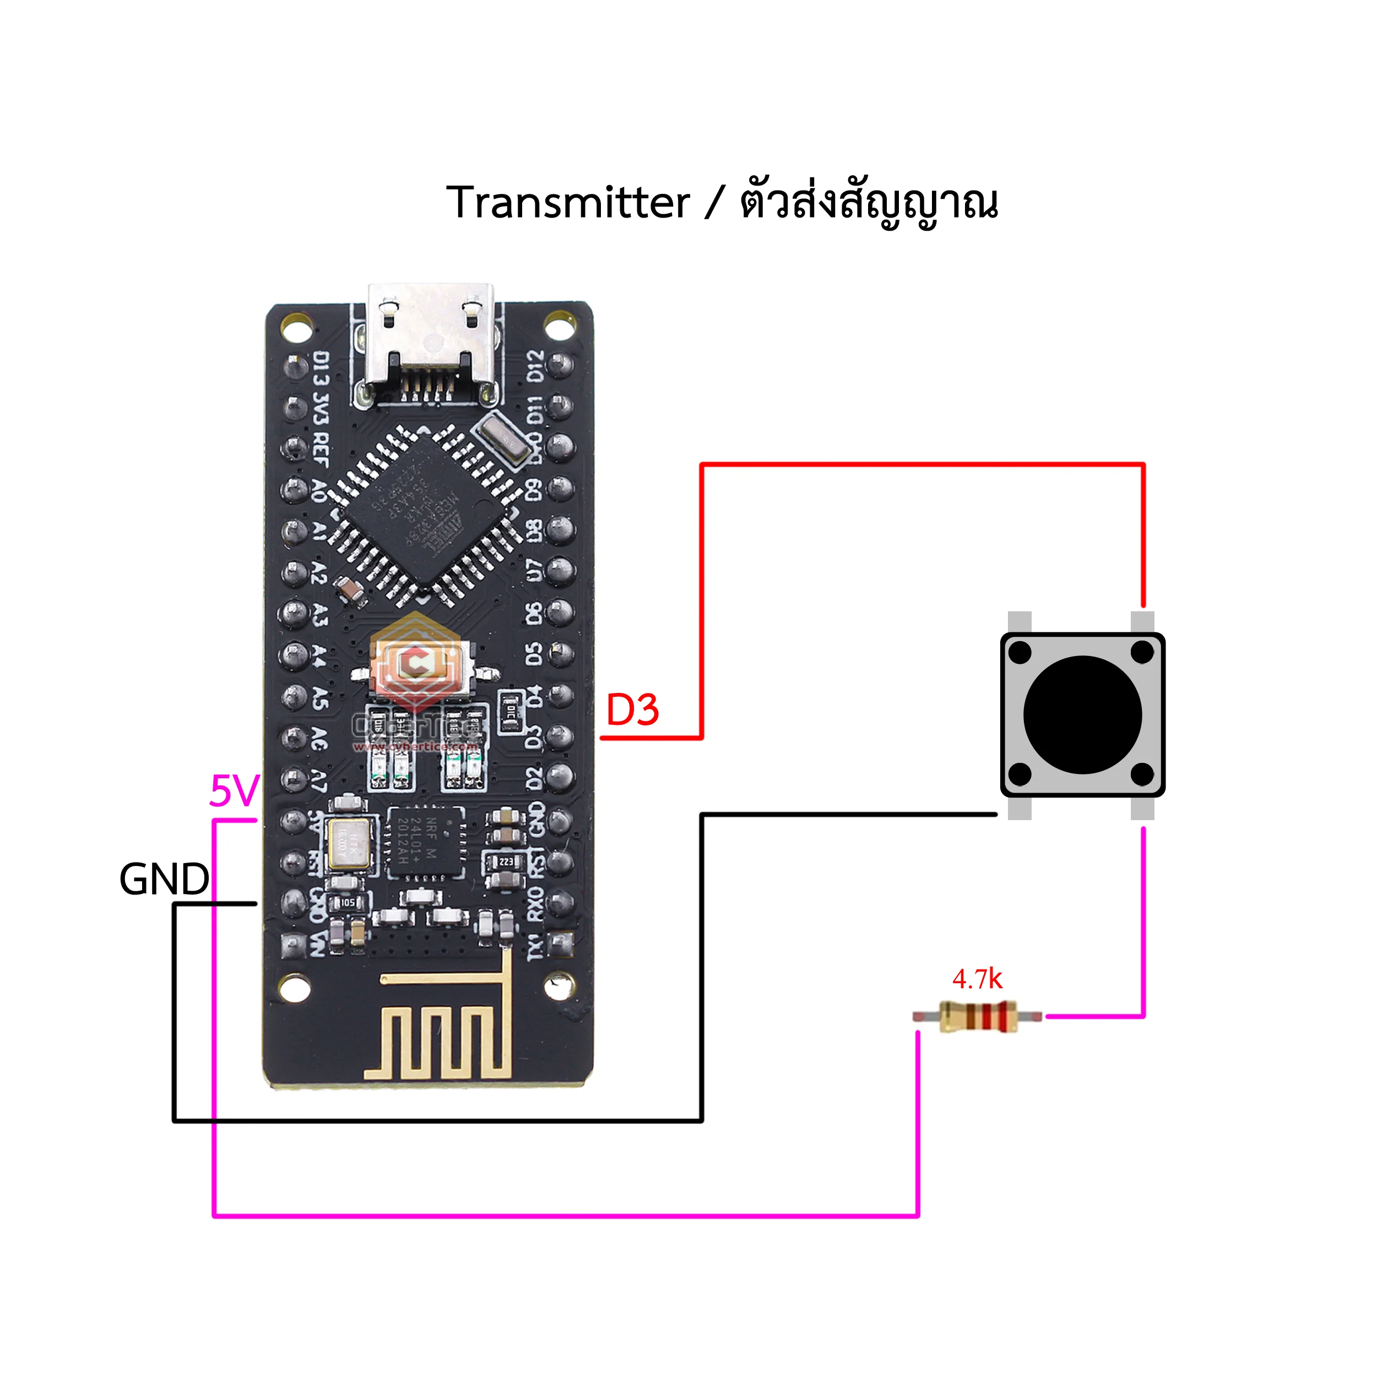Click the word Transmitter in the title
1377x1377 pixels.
coord(567,203)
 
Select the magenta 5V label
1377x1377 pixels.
coord(234,791)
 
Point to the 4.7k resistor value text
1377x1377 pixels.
coord(977,979)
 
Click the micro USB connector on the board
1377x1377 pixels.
coord(431,342)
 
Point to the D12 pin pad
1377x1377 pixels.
coord(561,366)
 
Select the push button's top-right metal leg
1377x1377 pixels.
coord(1142,621)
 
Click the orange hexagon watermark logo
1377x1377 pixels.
coord(415,659)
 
